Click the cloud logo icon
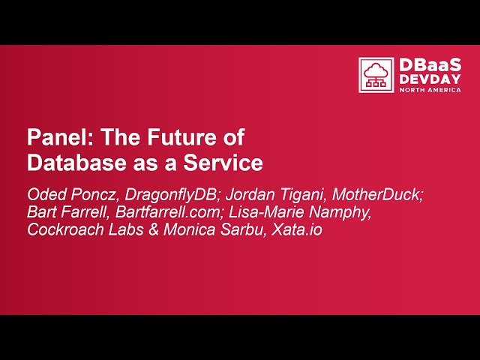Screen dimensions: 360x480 (376, 75)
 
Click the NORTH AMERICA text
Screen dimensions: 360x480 (430, 89)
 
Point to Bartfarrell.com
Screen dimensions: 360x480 (166, 212)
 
